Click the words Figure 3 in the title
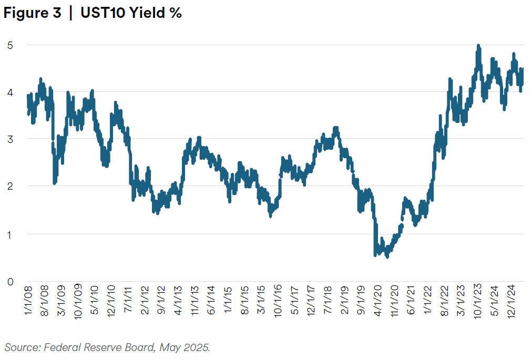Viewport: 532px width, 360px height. [32, 14]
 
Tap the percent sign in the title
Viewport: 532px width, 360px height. [175, 14]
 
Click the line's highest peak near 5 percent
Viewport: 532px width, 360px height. [478, 46]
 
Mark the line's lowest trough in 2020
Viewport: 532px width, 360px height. [387, 256]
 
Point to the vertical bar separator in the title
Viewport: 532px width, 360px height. [70, 14]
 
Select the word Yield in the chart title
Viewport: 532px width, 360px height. [147, 14]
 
